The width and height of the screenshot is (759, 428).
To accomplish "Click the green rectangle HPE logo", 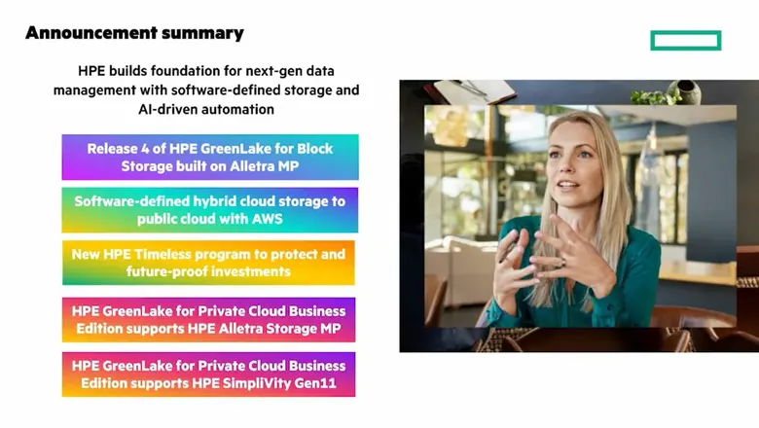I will [686, 40].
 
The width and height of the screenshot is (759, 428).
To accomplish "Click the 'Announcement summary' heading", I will [134, 33].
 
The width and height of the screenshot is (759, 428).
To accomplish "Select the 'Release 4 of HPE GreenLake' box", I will [209, 157].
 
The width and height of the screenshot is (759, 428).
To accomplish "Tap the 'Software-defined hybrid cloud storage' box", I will [209, 209].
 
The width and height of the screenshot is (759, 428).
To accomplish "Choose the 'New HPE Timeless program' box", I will [208, 263].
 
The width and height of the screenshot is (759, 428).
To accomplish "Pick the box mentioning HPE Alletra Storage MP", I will [208, 319].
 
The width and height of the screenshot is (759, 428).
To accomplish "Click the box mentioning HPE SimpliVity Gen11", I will [208, 374].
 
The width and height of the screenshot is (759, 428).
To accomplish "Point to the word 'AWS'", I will [265, 219].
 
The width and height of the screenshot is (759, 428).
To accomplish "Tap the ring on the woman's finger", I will [561, 261].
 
